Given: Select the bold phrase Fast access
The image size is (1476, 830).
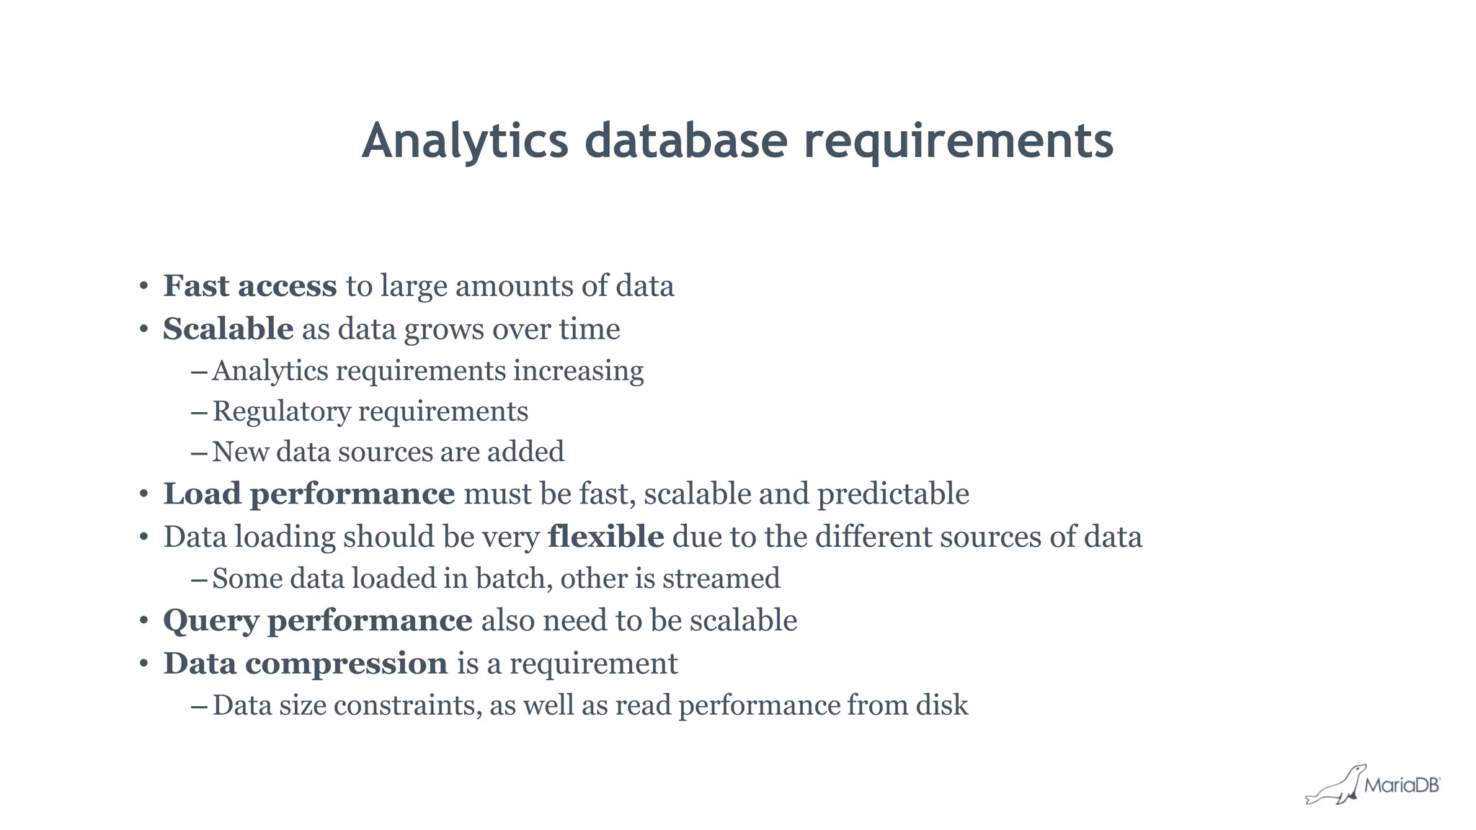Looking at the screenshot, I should (249, 286).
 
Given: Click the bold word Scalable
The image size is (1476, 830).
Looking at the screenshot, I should (228, 329).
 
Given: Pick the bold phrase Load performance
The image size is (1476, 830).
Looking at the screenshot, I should (308, 494).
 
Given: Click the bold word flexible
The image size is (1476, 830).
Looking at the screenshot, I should (605, 537).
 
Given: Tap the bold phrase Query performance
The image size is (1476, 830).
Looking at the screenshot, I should (317, 621).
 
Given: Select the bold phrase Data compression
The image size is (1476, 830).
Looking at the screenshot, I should (306, 664).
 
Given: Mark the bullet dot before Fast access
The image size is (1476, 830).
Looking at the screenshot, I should (144, 287).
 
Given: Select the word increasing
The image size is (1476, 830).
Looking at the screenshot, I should (578, 371).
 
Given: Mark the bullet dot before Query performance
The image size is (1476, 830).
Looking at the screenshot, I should (144, 621).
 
